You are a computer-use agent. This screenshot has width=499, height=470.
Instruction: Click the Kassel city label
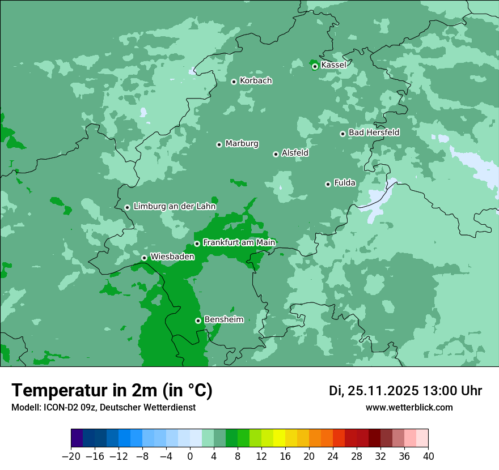click(x=333, y=65)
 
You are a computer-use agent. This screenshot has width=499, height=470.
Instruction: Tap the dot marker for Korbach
click(x=234, y=82)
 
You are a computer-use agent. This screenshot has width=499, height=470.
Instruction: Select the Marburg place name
click(x=242, y=144)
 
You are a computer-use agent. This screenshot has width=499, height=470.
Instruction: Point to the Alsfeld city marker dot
click(x=276, y=154)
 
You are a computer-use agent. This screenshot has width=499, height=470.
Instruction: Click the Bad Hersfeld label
click(x=374, y=133)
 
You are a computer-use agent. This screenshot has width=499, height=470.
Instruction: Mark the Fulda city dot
click(x=328, y=184)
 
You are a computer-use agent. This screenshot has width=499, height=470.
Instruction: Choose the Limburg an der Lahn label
click(x=174, y=207)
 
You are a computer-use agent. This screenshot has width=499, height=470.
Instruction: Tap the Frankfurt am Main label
click(x=239, y=242)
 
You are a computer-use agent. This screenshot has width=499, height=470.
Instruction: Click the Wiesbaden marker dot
click(x=144, y=258)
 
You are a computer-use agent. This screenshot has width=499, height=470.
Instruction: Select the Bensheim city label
click(x=223, y=319)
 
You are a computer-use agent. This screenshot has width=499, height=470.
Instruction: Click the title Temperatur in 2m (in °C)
click(x=112, y=390)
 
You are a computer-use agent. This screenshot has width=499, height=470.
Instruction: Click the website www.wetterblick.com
click(x=409, y=407)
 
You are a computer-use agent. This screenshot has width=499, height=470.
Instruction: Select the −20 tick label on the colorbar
click(x=71, y=456)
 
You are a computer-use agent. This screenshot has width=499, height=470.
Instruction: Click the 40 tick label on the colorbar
click(x=428, y=456)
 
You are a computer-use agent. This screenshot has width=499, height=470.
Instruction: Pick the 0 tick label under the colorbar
click(x=190, y=456)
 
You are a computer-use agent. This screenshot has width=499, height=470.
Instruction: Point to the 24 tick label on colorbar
click(x=333, y=456)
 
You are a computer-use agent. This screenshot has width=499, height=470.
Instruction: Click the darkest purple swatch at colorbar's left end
click(x=77, y=438)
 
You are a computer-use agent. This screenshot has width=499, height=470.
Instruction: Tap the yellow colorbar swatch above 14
click(x=280, y=438)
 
